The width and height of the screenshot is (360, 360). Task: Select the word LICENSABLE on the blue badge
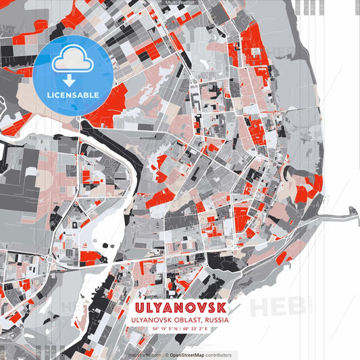(x=72, y=94)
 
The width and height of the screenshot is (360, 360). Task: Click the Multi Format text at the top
(x=179, y=3)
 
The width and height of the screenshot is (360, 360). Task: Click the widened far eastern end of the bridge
(x=353, y=212)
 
